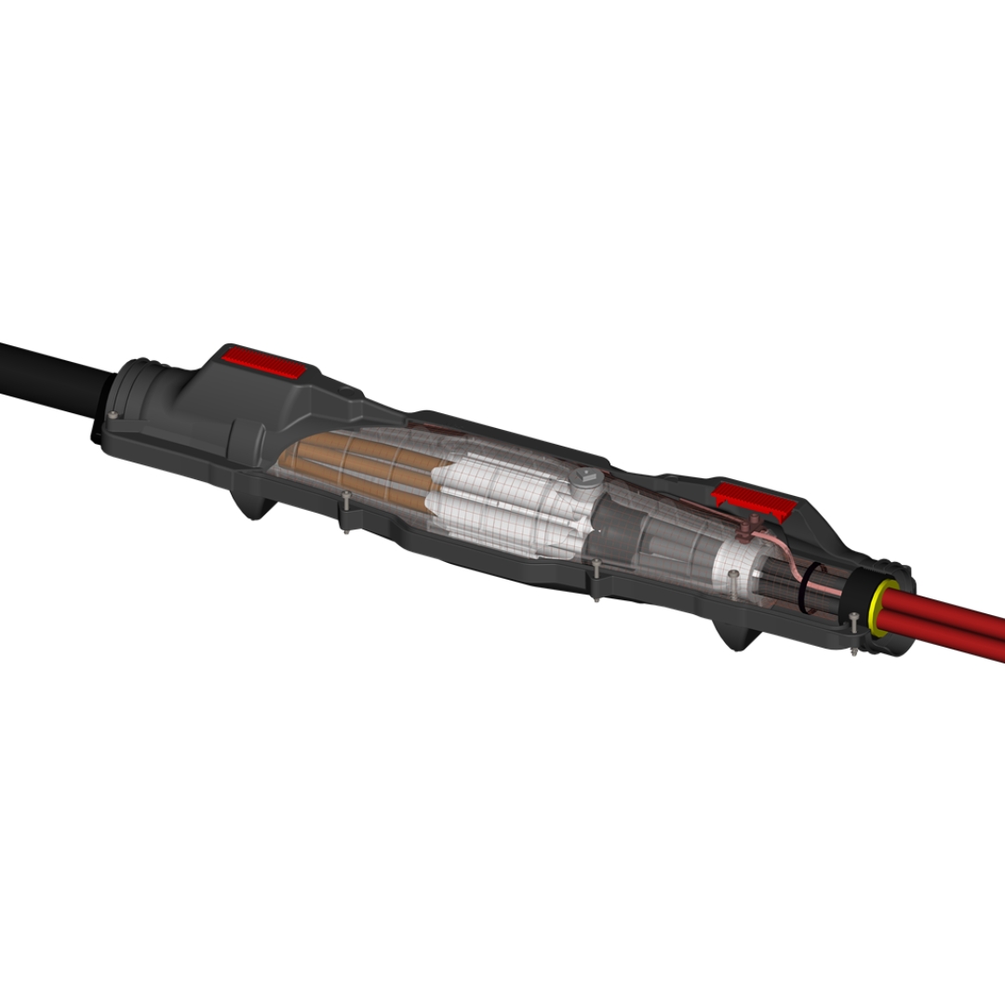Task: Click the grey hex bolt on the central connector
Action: pyautogui.click(x=585, y=482)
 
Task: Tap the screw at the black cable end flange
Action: pyautogui.click(x=113, y=415)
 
